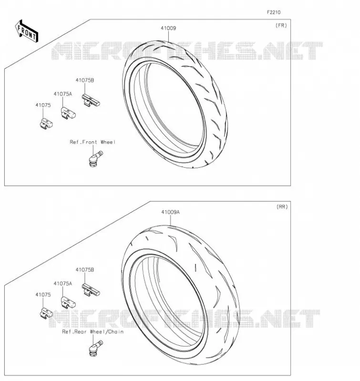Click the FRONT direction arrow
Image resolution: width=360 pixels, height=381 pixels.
point(27,31)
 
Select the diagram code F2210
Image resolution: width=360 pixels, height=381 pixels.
point(274,12)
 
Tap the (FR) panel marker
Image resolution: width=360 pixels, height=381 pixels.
point(281,25)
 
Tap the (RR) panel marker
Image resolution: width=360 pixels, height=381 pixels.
point(282,207)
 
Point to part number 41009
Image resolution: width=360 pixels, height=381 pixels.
point(168,28)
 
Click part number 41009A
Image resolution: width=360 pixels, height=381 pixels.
point(171,212)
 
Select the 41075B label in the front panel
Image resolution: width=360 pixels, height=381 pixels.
point(85,80)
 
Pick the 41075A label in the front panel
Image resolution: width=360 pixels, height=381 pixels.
point(63,94)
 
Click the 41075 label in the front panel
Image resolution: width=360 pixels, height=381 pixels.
point(43,105)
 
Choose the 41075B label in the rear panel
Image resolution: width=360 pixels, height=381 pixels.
point(85,270)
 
